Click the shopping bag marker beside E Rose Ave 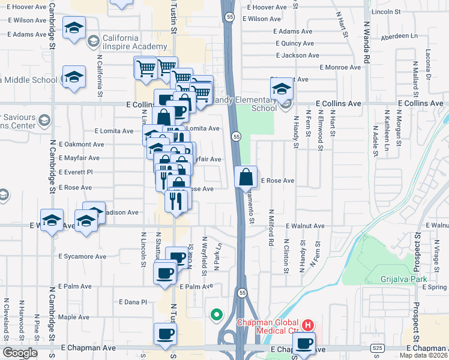[x=246, y=177]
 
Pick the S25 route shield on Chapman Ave [x=377, y=347]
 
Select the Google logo [x=20, y=352]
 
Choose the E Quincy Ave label [x=295, y=43]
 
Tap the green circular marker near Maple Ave [x=216, y=314]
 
